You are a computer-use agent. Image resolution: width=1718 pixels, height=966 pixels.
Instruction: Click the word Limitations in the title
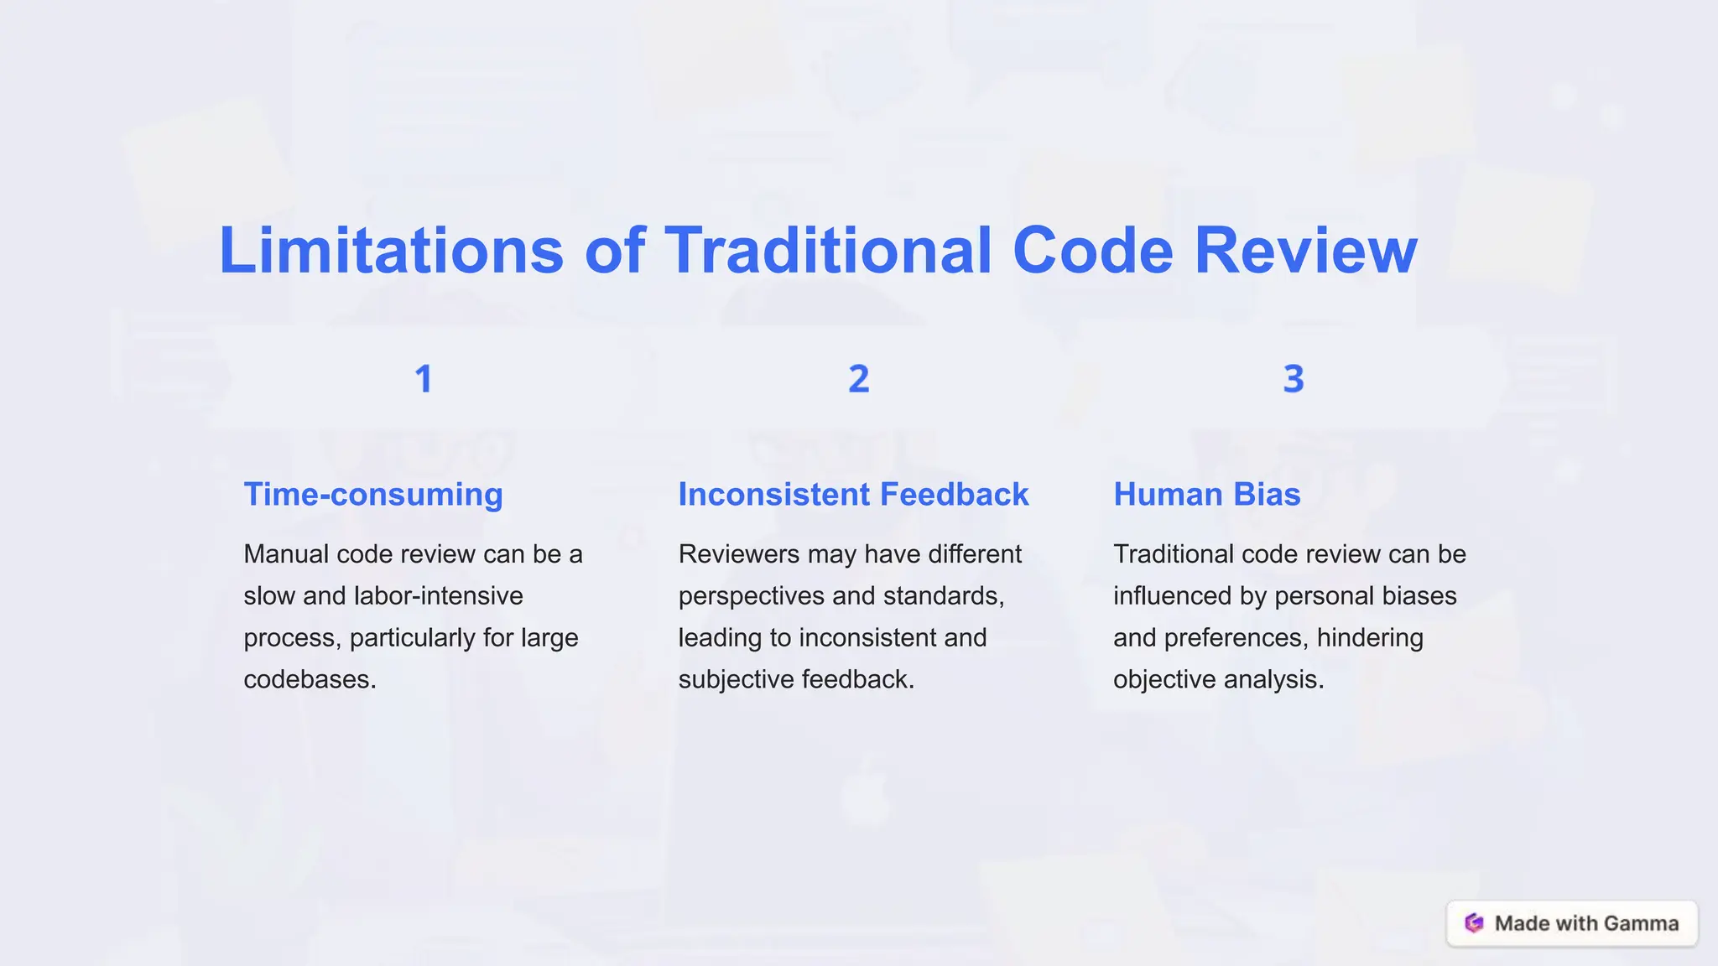pyautogui.click(x=391, y=251)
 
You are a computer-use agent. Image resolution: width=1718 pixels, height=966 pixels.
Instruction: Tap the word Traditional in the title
pyautogui.click(x=829, y=251)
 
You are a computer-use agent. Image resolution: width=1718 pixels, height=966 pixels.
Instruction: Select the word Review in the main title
pyautogui.click(x=1305, y=251)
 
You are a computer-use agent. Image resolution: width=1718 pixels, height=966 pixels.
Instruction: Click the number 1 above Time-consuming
pyautogui.click(x=424, y=379)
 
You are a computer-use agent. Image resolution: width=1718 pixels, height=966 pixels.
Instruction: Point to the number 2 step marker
pyautogui.click(x=858, y=379)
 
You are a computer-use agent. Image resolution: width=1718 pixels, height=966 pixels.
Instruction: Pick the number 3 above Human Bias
pyautogui.click(x=1293, y=379)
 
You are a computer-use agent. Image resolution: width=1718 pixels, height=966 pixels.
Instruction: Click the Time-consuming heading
pyautogui.click(x=373, y=495)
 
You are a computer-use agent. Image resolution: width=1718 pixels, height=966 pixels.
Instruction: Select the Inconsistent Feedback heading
pyautogui.click(x=853, y=495)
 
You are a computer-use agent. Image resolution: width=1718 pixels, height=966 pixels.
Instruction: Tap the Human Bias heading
pyautogui.click(x=1206, y=495)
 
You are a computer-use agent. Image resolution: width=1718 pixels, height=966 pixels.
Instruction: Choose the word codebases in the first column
pyautogui.click(x=310, y=679)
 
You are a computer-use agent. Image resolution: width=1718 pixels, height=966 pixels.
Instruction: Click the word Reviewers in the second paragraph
pyautogui.click(x=739, y=554)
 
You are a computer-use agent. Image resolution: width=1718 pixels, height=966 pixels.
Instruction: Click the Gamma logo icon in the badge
pyautogui.click(x=1474, y=923)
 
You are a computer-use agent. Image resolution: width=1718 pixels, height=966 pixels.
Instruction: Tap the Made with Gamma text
pyautogui.click(x=1586, y=923)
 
